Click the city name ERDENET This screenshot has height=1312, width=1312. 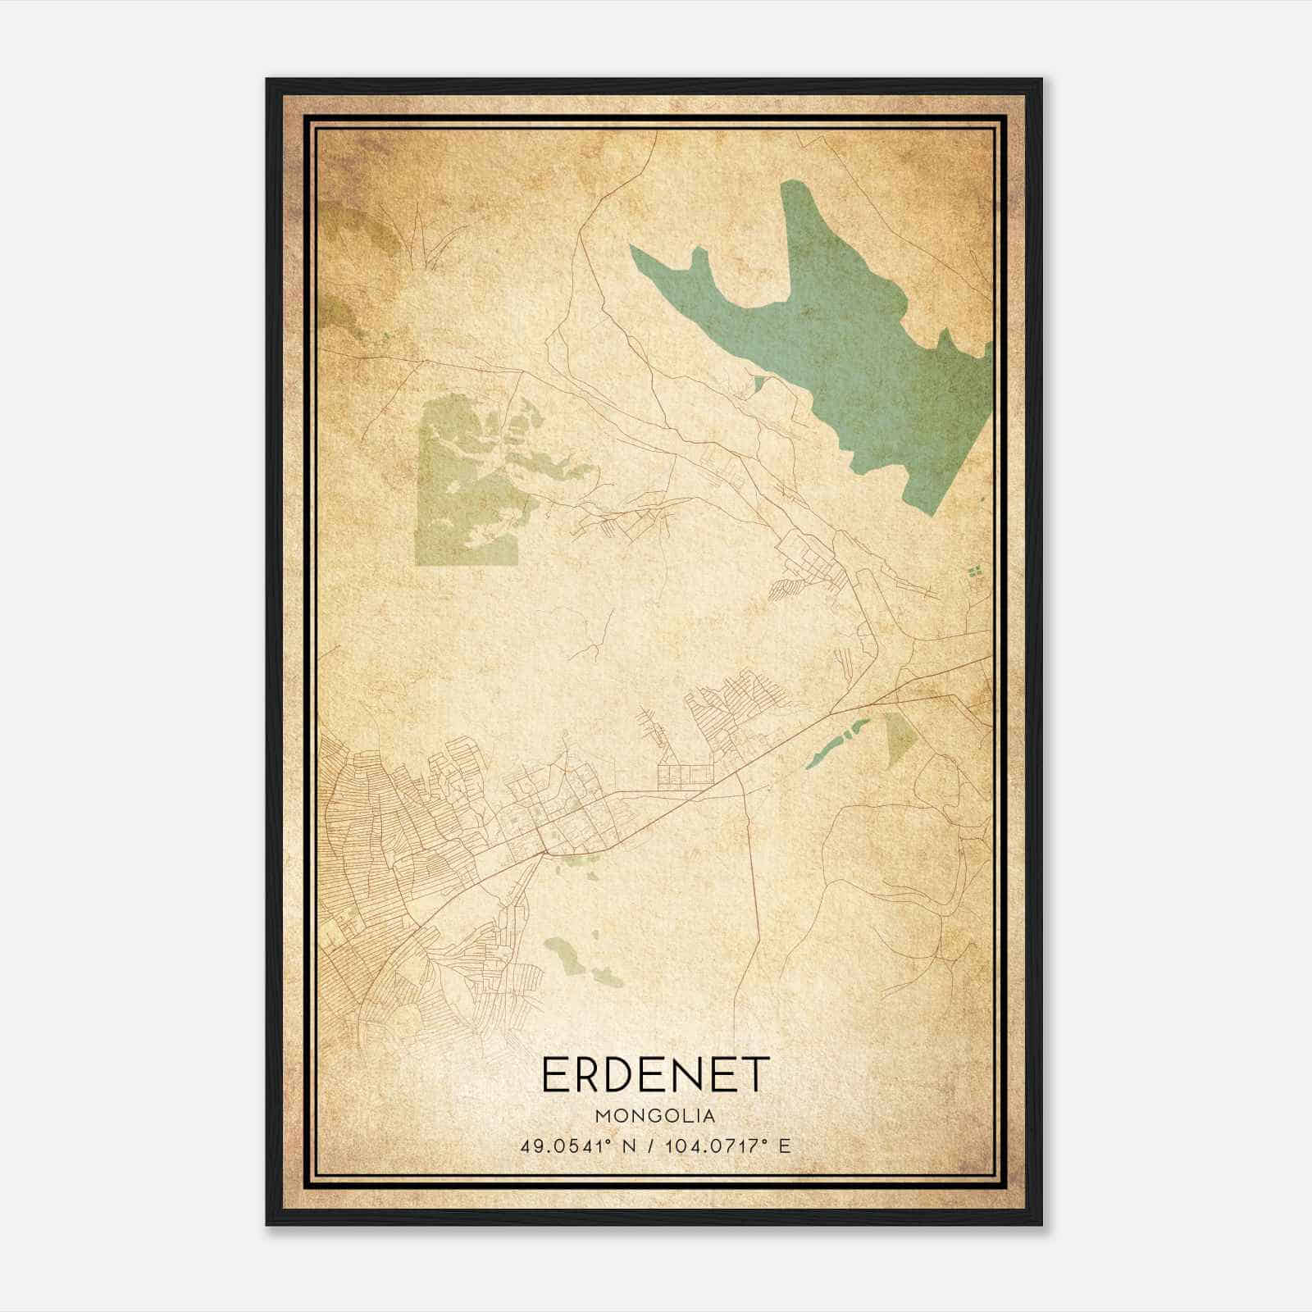tap(655, 1075)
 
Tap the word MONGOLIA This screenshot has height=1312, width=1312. tap(655, 1116)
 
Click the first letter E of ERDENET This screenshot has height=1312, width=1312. tap(553, 1075)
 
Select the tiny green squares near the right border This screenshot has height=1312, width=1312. tap(974, 572)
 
